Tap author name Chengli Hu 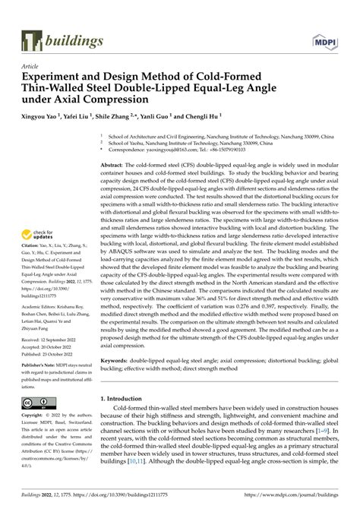(x=214, y=119)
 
